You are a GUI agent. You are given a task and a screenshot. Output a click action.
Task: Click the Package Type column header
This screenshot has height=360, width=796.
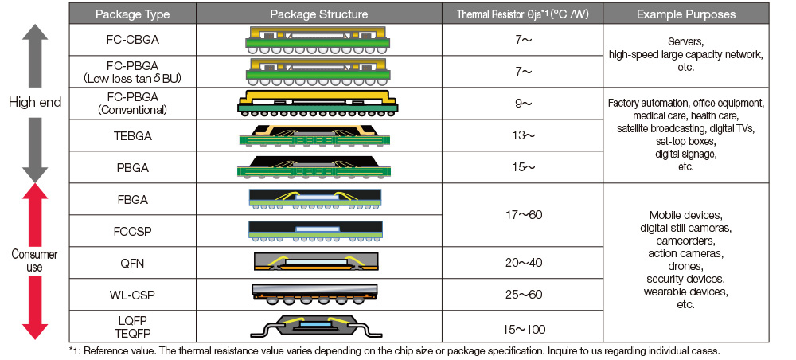click(x=132, y=14)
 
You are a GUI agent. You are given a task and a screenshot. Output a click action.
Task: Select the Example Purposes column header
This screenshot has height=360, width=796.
click(x=686, y=14)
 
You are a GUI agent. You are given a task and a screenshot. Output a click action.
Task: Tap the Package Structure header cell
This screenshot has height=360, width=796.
click(x=318, y=14)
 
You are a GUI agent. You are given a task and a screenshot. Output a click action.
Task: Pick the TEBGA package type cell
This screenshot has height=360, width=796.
click(x=132, y=135)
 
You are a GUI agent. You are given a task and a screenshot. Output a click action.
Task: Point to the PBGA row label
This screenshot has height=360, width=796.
click(x=132, y=167)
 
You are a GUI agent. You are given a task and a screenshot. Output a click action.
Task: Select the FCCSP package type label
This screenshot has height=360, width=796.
click(x=132, y=231)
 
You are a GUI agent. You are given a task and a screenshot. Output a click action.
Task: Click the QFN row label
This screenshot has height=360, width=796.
click(x=132, y=263)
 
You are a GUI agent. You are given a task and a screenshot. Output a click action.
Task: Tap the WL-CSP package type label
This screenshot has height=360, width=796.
click(x=132, y=295)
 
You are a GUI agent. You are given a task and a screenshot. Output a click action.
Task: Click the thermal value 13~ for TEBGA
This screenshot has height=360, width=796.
click(x=522, y=135)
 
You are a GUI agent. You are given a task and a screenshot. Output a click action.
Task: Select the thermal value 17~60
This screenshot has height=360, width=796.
click(x=522, y=215)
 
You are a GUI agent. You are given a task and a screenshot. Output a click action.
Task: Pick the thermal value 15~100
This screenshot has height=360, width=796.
click(x=522, y=327)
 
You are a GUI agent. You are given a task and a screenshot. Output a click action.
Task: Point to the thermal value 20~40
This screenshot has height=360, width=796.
click(x=522, y=263)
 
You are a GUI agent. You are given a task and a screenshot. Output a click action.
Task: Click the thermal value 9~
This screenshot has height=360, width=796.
click(x=522, y=104)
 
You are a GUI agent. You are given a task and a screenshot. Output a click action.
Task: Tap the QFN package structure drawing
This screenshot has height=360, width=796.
click(x=318, y=262)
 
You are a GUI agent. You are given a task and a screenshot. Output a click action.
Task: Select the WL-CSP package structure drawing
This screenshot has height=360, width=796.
click(x=318, y=295)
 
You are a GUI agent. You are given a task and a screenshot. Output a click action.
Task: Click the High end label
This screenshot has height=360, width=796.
click(x=33, y=102)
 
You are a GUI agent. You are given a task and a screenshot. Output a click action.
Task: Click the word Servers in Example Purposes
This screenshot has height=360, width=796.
click(x=685, y=45)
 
